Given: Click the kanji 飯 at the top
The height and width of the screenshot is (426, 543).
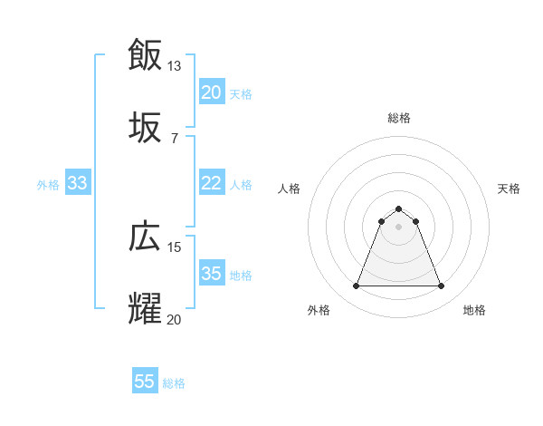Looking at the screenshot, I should point(146,54).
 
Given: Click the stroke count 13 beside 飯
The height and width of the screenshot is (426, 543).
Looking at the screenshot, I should point(175,65).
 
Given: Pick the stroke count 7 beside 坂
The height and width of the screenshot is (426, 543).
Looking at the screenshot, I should point(175,138).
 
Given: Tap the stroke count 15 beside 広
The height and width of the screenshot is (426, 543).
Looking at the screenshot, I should point(175,247).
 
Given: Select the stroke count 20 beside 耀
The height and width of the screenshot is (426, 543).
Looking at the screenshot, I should point(175,319).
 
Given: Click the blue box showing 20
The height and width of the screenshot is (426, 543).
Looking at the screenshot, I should point(211,92).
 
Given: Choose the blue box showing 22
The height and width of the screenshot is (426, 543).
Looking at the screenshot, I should point(211,183).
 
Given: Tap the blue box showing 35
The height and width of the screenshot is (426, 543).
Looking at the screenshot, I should point(211,274).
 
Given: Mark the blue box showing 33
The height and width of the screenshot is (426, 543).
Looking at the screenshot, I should point(77,183).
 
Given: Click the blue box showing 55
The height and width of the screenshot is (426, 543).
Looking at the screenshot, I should point(145,382).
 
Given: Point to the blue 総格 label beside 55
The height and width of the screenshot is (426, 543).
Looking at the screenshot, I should point(174,383).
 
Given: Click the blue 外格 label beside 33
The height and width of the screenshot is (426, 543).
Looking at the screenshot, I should point(48,184).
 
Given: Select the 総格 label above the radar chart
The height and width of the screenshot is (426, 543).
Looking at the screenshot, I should point(398,118).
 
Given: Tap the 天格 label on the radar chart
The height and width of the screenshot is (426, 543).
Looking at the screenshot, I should point(510,189).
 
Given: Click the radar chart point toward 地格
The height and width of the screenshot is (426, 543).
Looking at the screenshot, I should point(441,286).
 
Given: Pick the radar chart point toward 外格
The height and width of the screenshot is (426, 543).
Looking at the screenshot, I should point(356,286).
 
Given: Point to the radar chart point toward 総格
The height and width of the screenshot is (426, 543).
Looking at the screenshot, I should point(398,208).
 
